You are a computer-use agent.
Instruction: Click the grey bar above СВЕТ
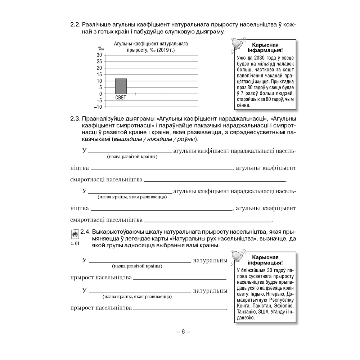[x=121, y=86]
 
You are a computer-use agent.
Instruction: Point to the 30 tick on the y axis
[x=99, y=55]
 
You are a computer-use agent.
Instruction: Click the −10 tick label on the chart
[x=98, y=107]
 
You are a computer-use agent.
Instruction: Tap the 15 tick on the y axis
[x=99, y=74]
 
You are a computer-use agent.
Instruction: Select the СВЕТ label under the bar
[x=121, y=98]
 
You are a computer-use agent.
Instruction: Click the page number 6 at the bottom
[x=183, y=332]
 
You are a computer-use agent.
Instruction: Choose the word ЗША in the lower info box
[x=261, y=312]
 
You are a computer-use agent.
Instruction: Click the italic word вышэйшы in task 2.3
[x=126, y=139]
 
